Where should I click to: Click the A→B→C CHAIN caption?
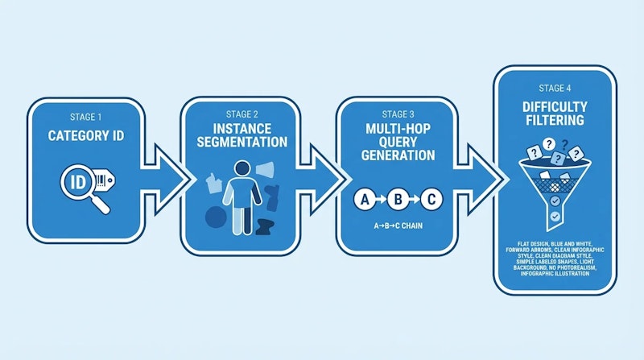point(397,226)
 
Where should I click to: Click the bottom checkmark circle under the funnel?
point(554,217)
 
